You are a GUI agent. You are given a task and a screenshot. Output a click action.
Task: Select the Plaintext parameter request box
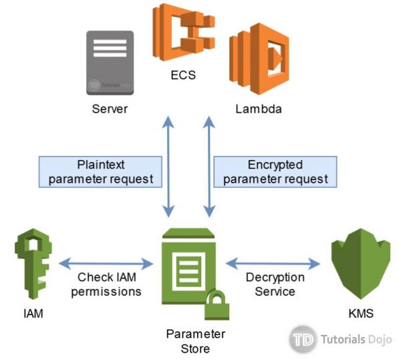pyautogui.click(x=100, y=172)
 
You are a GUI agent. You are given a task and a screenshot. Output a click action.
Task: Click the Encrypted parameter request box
pyautogui.click(x=275, y=172)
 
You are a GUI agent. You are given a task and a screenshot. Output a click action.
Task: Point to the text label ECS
pyautogui.click(x=182, y=75)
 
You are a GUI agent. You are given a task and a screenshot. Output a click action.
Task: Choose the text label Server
pyautogui.click(x=110, y=108)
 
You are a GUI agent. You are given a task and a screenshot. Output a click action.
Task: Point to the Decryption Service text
pyautogui.click(x=275, y=284)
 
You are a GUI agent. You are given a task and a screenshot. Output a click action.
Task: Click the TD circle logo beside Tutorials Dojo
pyautogui.click(x=303, y=339)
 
